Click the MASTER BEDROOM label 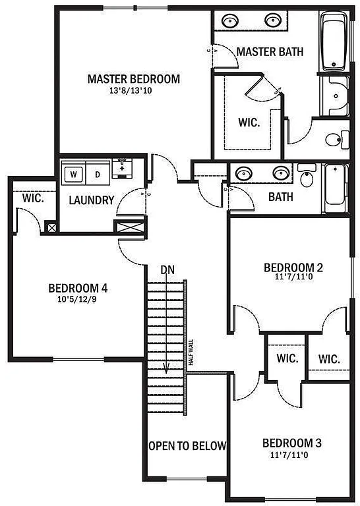[133, 79]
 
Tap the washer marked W [73, 175]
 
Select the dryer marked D [96, 175]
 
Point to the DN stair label [167, 269]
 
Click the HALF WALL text [191, 352]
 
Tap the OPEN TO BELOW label [187, 445]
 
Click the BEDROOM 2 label [293, 267]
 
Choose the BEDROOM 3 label [292, 442]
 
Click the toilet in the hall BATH [306, 177]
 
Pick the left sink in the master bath [231, 20]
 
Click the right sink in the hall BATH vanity [282, 173]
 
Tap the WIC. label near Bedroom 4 [33, 198]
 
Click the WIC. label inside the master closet [249, 122]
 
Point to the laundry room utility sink [122, 168]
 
